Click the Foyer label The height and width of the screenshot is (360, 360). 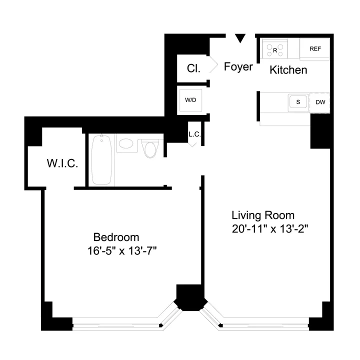[x=238, y=67]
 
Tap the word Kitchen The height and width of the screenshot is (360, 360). [x=288, y=70]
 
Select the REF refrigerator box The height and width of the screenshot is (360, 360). [x=315, y=49]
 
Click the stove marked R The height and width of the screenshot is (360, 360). [x=275, y=49]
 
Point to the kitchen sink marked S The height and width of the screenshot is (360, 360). [x=298, y=102]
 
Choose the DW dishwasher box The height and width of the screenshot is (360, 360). [x=320, y=102]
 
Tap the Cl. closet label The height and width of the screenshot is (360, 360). [x=193, y=69]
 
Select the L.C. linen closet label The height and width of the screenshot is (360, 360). [x=194, y=134]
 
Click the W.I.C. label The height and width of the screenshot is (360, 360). [x=62, y=163]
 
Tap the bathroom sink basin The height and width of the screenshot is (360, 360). [x=126, y=145]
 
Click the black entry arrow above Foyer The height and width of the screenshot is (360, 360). [x=240, y=38]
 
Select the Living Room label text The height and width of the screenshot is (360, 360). [x=263, y=215]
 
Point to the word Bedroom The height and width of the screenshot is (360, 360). [x=116, y=237]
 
